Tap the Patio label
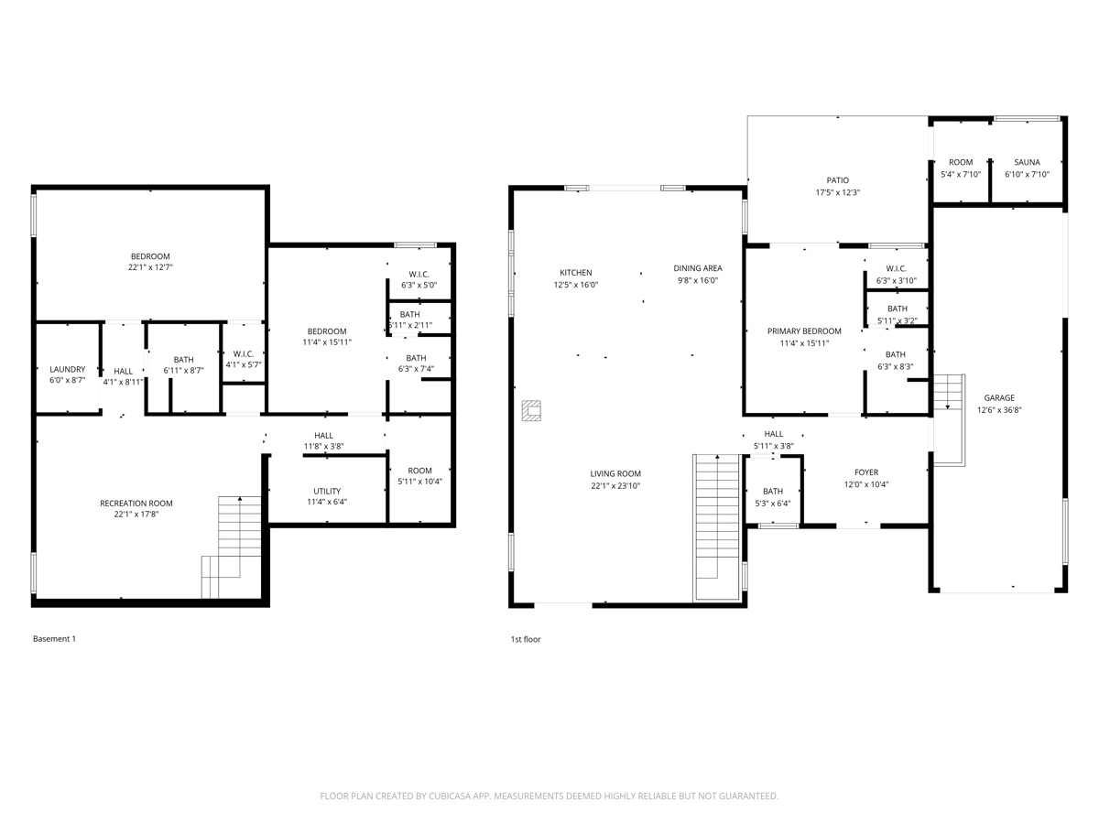click(837, 180)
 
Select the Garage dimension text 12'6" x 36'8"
click(999, 410)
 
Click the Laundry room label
click(67, 369)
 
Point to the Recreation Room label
click(136, 503)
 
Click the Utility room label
click(326, 491)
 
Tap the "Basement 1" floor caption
click(54, 639)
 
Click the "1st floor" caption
click(526, 639)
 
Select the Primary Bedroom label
click(803, 331)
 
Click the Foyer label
click(865, 472)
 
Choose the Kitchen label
click(575, 272)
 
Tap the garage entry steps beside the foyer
click(950, 417)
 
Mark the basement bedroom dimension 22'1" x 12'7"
click(149, 268)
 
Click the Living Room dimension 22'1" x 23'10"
click(615, 486)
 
